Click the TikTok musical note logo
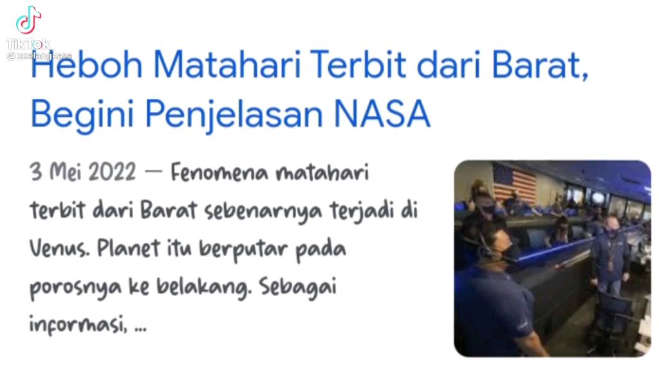click(28, 20)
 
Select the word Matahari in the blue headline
click(227, 65)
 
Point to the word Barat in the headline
click(539, 65)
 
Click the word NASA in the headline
click(382, 113)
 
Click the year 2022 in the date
click(112, 172)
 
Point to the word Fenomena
click(219, 172)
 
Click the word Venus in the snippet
click(59, 249)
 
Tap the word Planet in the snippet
click(128, 249)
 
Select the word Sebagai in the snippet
click(297, 288)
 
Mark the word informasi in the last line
click(78, 324)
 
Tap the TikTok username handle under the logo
click(39, 56)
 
